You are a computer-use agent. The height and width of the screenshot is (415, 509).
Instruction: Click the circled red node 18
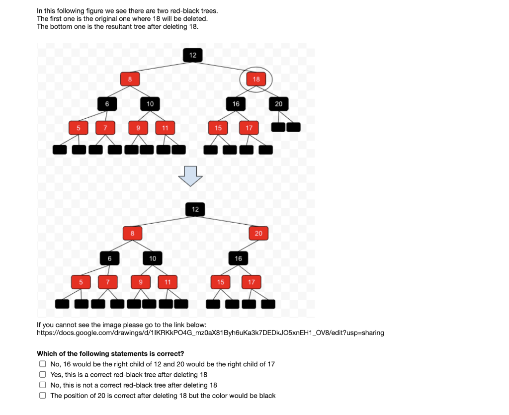click(256, 79)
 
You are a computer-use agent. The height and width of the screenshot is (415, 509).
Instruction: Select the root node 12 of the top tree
click(193, 55)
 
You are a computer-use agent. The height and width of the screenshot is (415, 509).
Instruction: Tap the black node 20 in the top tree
click(278, 103)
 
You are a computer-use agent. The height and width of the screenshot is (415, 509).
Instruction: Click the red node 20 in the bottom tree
click(258, 234)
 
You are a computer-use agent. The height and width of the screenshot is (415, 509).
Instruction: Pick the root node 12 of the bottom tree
click(195, 209)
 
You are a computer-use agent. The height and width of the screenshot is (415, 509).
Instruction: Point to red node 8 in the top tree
click(130, 79)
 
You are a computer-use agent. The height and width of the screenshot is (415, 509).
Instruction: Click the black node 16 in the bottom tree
click(238, 258)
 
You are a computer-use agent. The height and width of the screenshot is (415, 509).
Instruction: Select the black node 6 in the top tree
click(107, 103)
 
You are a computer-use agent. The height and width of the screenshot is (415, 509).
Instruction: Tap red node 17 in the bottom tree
click(251, 282)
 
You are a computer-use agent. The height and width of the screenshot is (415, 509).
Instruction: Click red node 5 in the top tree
click(78, 128)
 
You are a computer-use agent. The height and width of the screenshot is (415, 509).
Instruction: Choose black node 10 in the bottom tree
click(153, 258)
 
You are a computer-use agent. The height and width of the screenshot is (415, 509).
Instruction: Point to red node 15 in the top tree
click(218, 128)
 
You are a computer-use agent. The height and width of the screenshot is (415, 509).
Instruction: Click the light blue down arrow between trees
click(191, 176)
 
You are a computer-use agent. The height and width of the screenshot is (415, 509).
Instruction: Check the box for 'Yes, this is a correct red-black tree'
click(43, 375)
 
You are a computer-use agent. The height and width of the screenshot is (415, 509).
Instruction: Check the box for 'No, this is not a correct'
click(43, 385)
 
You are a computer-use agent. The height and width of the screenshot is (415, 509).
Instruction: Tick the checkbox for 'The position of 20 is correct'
click(43, 396)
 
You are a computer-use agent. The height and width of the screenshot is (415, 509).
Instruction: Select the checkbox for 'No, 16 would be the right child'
click(43, 364)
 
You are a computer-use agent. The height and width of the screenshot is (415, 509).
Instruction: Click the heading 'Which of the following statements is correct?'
click(110, 354)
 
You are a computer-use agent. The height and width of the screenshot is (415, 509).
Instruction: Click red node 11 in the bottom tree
click(168, 282)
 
